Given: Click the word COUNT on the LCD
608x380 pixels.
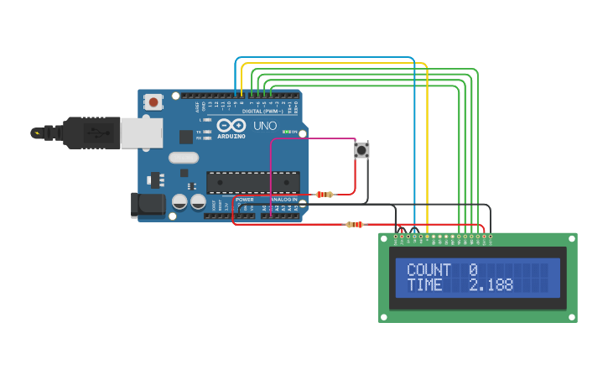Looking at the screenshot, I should pyautogui.click(x=429, y=270).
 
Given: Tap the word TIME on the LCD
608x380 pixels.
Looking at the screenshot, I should pyautogui.click(x=424, y=285).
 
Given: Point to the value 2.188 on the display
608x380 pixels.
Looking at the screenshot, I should pyautogui.click(x=491, y=285).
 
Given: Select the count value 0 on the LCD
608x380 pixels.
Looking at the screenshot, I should pyautogui.click(x=473, y=270).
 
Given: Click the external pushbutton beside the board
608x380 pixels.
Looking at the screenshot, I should pyautogui.click(x=361, y=150).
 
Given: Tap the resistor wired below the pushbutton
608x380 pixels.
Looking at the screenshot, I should pyautogui.click(x=324, y=195).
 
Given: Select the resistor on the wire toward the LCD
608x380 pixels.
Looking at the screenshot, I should pyautogui.click(x=356, y=224).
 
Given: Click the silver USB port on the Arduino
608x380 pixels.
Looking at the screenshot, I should pyautogui.click(x=141, y=133).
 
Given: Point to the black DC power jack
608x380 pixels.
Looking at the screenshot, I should pyautogui.click(x=149, y=204).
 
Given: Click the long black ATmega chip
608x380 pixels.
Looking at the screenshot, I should pyautogui.click(x=252, y=182).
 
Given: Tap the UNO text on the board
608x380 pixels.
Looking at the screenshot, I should pyautogui.click(x=265, y=125).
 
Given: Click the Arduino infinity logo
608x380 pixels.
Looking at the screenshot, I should pyautogui.click(x=231, y=126).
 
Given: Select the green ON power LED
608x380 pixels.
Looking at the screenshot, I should pyautogui.click(x=287, y=132).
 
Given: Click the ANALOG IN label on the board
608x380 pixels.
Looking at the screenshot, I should pyautogui.click(x=283, y=200).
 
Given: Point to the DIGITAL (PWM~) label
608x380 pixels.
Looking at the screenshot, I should pyautogui.click(x=262, y=111).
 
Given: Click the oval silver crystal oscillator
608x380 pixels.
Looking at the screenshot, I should pyautogui.click(x=184, y=157).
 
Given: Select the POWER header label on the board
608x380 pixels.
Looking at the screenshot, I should pyautogui.click(x=245, y=200).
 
